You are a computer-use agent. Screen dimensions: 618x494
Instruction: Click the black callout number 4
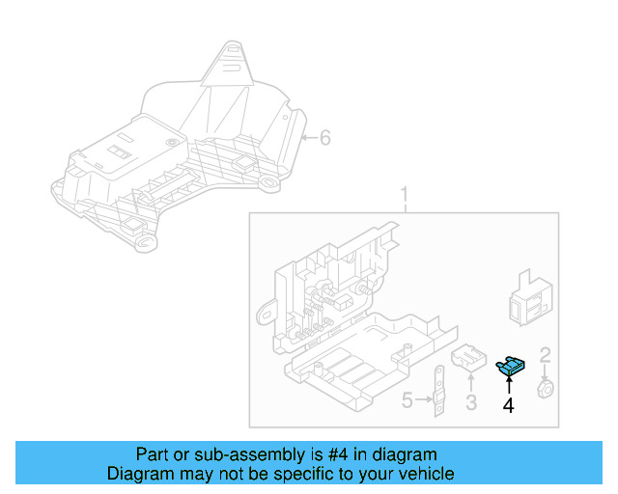coord(509,405)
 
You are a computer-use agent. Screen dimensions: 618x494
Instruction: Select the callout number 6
coord(325,137)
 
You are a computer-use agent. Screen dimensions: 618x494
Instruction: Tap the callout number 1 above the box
coord(405,195)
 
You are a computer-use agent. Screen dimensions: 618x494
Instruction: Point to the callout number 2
coord(545,355)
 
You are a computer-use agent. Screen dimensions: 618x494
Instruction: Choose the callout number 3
coord(471,402)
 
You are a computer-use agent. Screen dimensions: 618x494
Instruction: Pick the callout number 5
coord(407,399)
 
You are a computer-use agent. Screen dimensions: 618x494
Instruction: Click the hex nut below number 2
coord(546,389)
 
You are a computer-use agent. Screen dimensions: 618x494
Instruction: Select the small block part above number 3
coord(469,358)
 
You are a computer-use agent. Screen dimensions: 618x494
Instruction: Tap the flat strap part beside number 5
coord(439,391)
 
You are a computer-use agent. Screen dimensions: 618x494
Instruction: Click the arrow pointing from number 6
coord(309,137)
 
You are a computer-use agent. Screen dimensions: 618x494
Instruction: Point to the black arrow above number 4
coord(509,384)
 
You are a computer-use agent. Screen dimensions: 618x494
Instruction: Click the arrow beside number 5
coord(424,399)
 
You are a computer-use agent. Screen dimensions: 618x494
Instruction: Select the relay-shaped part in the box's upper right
coord(530,298)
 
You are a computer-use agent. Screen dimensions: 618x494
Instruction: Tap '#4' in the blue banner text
coord(338,454)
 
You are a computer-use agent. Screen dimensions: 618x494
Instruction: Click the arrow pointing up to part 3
coord(471,382)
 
